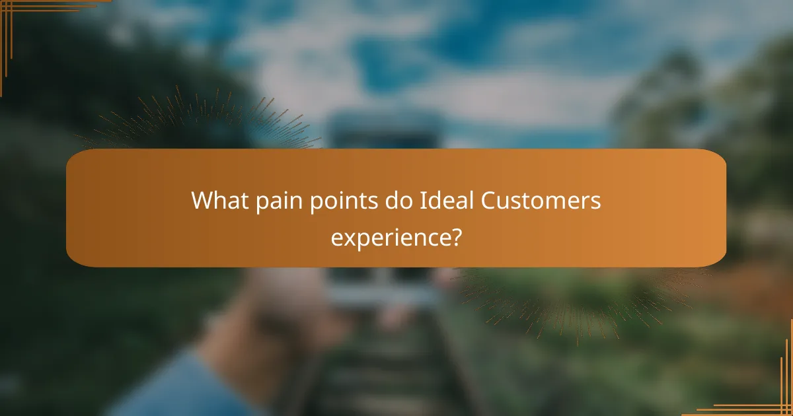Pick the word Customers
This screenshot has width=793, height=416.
click(x=541, y=201)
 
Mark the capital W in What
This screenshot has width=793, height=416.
click(x=200, y=201)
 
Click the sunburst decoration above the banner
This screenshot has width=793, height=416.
click(x=198, y=122)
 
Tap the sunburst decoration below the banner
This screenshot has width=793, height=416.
click(x=582, y=297)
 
